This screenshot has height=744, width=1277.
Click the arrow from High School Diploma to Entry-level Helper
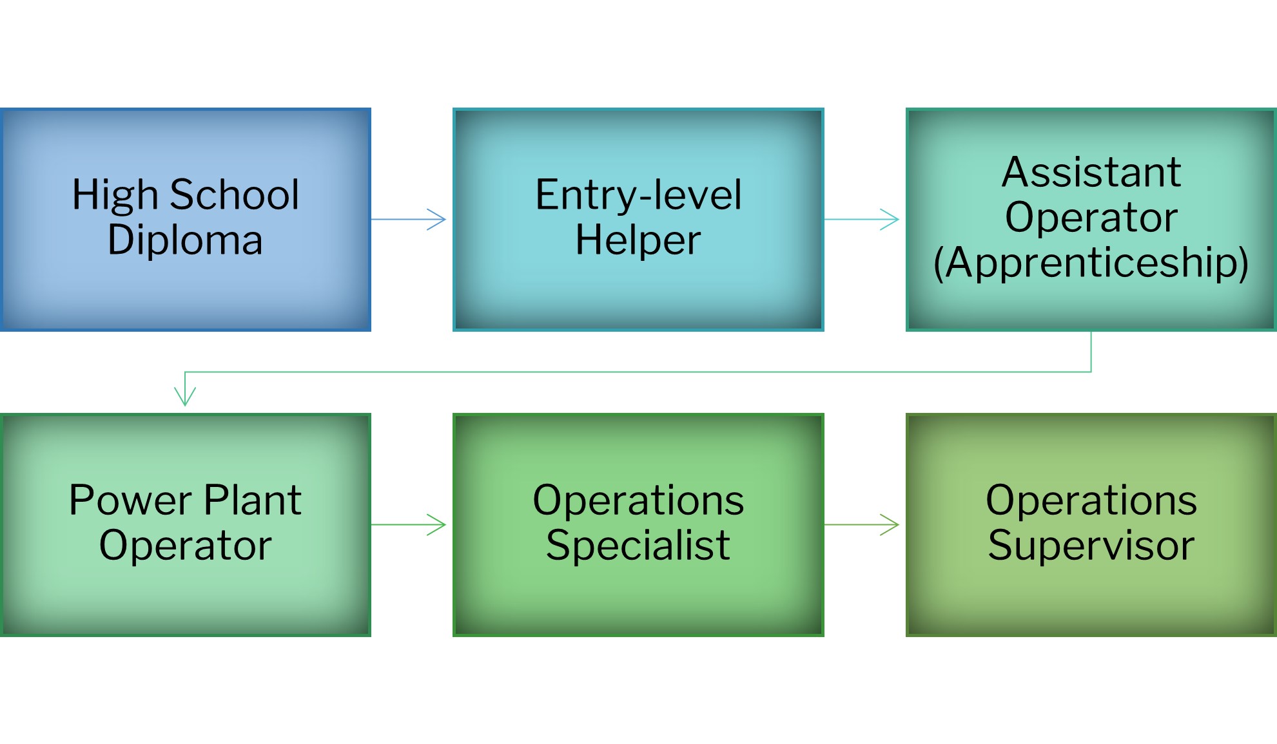409,220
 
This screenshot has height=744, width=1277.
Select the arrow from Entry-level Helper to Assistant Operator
862,220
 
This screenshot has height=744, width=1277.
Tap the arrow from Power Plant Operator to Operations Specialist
409,525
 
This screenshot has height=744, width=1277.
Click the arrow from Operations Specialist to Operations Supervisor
862,525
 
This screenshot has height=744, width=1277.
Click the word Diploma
185,240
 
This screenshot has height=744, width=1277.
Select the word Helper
638,240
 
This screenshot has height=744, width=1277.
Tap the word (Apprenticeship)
1091,263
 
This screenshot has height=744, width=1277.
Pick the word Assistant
1091,173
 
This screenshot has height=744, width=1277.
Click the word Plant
253,500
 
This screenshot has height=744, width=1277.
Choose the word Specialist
638,546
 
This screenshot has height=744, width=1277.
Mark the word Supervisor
1091,546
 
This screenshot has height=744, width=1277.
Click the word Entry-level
638,195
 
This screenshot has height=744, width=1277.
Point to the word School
235,195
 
